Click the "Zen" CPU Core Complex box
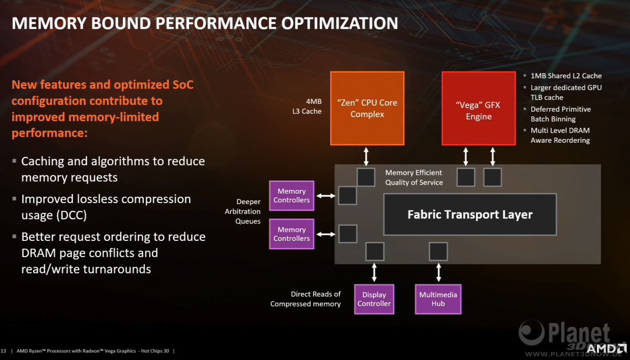(x=367, y=108)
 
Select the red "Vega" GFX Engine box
(x=479, y=108)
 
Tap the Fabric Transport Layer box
(x=470, y=215)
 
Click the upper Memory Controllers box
(x=292, y=196)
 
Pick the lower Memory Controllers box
(x=292, y=234)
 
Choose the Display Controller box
(x=374, y=299)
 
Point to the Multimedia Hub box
(x=438, y=299)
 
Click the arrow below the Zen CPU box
(x=366, y=156)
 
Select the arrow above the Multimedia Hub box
(x=438, y=272)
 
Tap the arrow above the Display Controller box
(x=374, y=272)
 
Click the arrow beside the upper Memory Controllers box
(x=326, y=196)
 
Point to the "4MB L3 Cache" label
(x=307, y=106)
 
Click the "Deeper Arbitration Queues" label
(x=243, y=211)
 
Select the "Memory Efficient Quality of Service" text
(x=414, y=177)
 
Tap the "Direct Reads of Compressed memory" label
(x=306, y=299)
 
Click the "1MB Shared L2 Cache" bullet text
(x=566, y=76)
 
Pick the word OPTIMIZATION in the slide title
(x=340, y=23)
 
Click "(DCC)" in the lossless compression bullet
(x=71, y=215)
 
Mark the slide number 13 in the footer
(x=3, y=351)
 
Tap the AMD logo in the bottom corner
(x=607, y=349)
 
